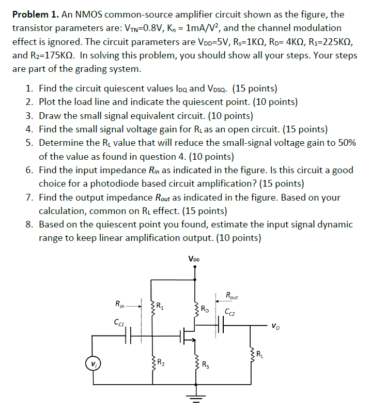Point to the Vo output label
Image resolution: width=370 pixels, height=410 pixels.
click(277, 326)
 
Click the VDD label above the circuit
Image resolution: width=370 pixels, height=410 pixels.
click(194, 259)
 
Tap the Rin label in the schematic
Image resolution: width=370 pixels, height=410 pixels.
click(120, 305)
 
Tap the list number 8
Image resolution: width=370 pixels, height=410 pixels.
click(29, 224)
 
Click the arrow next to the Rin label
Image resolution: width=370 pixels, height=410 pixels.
click(135, 305)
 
